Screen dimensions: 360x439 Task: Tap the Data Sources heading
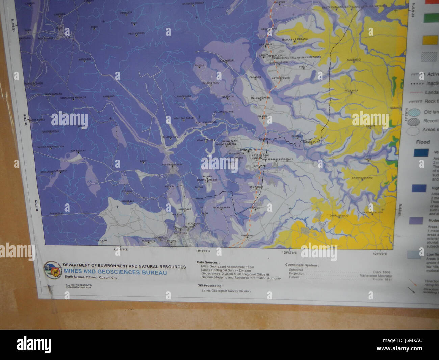coord(208,262)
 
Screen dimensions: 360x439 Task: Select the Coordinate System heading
coord(301,265)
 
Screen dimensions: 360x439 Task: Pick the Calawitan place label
coord(227,61)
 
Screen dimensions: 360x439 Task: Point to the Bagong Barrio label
coord(362,178)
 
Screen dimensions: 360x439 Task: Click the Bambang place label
coord(109,96)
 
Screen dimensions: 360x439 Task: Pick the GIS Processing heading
coord(210,286)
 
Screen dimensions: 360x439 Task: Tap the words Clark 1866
coord(382,271)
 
